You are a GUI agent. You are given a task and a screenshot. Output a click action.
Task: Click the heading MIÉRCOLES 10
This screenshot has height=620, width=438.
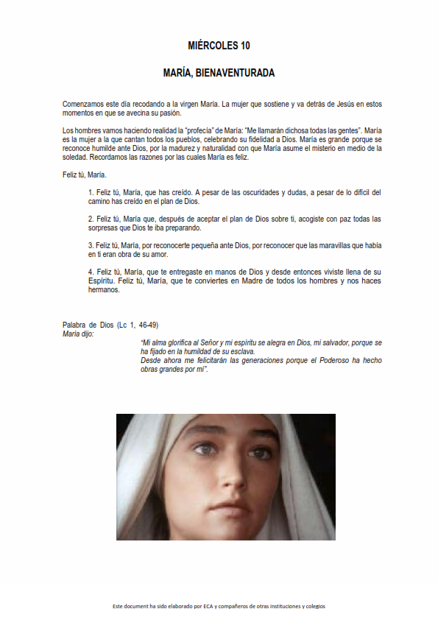click(x=219, y=46)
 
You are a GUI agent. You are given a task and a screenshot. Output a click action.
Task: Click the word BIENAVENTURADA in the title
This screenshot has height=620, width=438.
click(x=239, y=74)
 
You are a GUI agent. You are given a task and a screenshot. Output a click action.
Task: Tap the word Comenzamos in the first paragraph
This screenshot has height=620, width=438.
click(x=82, y=105)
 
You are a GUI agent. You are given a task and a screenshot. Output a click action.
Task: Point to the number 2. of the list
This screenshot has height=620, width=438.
click(x=91, y=219)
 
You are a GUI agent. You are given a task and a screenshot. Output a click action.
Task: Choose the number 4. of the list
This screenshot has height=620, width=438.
click(x=91, y=272)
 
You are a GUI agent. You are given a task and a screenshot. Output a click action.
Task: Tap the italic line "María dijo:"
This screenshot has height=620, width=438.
click(x=79, y=334)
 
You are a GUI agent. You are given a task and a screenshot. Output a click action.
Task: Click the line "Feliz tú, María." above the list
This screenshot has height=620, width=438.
click(x=85, y=175)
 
